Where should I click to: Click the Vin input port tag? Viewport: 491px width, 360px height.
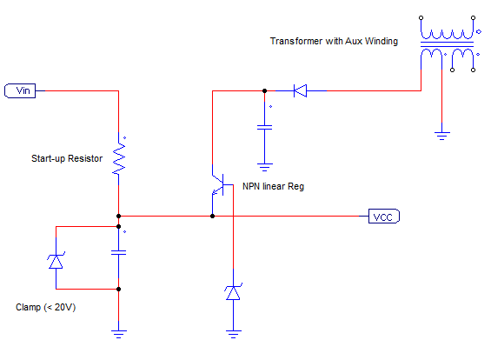[x=20, y=90]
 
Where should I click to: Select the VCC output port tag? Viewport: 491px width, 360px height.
[x=384, y=217]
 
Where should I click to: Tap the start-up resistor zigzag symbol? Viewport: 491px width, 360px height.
[x=119, y=158]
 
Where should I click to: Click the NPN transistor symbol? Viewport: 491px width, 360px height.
[x=219, y=184]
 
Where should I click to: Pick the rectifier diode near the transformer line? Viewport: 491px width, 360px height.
[x=300, y=90]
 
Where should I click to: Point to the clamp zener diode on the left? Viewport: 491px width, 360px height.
[x=56, y=261]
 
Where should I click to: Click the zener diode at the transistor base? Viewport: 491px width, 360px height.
[x=233, y=292]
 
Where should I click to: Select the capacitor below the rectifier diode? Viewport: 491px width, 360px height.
[x=264, y=127]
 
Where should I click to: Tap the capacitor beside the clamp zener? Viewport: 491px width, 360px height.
[x=119, y=252]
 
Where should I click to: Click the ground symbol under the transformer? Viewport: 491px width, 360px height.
[x=441, y=136]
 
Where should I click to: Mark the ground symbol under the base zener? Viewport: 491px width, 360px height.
[x=233, y=334]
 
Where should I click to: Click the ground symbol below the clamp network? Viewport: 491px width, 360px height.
[x=119, y=334]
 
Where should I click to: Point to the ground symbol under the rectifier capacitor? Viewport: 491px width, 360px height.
[x=264, y=167]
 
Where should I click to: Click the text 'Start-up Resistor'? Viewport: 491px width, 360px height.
[x=67, y=158]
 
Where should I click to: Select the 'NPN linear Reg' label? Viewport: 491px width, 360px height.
[x=274, y=186]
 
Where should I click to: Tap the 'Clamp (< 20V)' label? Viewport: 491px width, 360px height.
[x=46, y=307]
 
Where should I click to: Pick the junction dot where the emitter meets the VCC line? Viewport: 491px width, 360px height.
[x=212, y=217]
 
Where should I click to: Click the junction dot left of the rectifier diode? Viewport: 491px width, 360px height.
[x=264, y=90]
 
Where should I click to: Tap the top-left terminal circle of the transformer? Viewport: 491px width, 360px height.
[x=421, y=18]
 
